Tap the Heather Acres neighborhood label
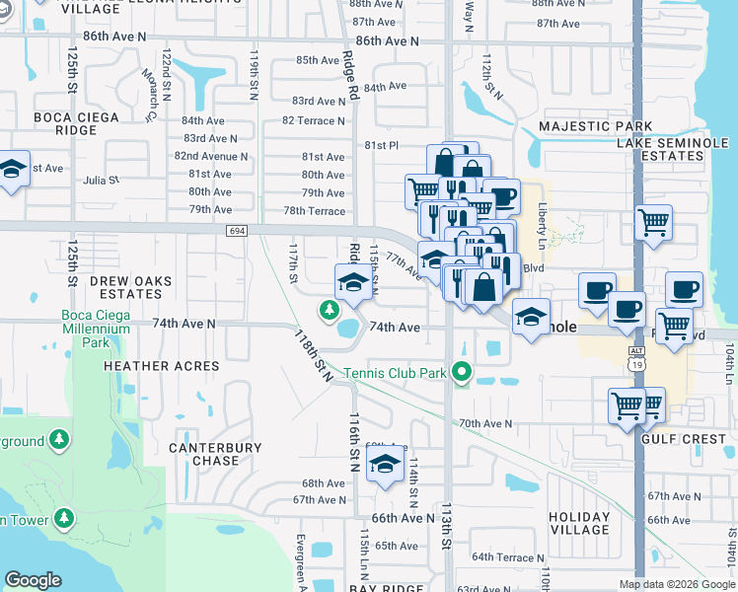[162, 366]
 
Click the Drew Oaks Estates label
[130, 287]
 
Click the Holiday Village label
[579, 523]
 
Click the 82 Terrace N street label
[314, 120]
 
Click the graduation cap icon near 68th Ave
[384, 467]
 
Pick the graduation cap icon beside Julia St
[13, 169]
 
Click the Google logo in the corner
[33, 580]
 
